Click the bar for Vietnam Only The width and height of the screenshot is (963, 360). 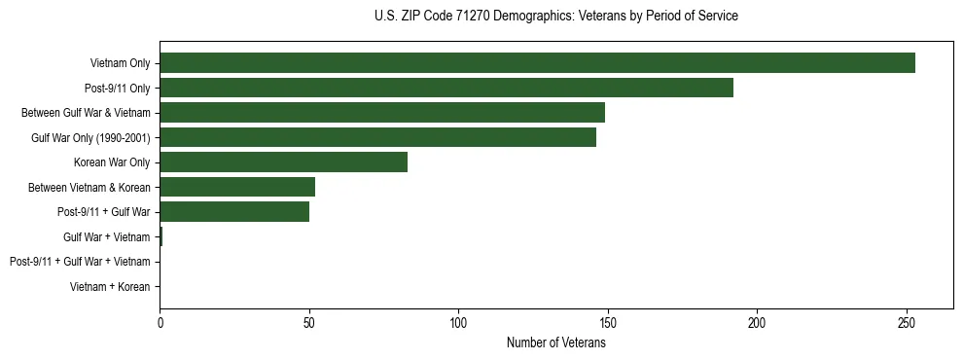[537, 63]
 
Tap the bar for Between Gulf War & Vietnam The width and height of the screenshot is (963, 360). [382, 113]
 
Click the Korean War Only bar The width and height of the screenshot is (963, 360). [283, 162]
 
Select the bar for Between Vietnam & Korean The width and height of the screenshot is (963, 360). [237, 187]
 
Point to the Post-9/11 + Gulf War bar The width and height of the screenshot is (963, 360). [234, 212]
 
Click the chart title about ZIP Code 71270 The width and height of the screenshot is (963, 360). [555, 17]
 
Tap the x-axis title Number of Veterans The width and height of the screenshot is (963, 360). [555, 343]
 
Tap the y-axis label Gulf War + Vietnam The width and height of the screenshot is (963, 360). [106, 236]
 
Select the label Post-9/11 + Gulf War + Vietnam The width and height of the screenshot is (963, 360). [80, 262]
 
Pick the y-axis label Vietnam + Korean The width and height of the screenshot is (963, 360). [110, 287]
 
